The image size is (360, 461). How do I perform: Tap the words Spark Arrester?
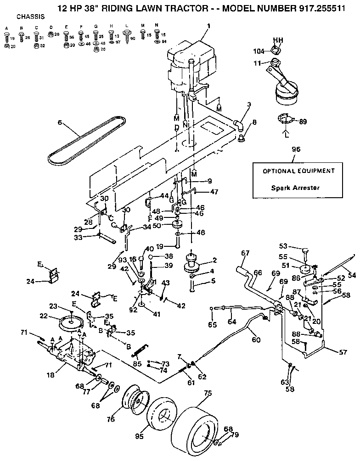[x=294, y=188]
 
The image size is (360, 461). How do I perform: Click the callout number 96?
[x=295, y=149]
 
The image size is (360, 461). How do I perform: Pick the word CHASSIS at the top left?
[x=30, y=17]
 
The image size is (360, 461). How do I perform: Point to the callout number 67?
[x=245, y=253]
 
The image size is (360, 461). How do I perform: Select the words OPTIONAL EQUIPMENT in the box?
[x=298, y=171]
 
